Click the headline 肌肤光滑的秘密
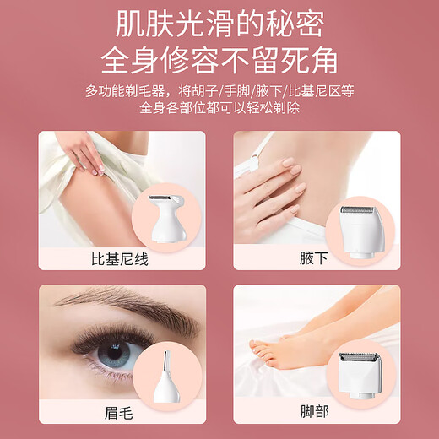coord(219,24)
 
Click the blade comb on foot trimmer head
coord(366,358)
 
